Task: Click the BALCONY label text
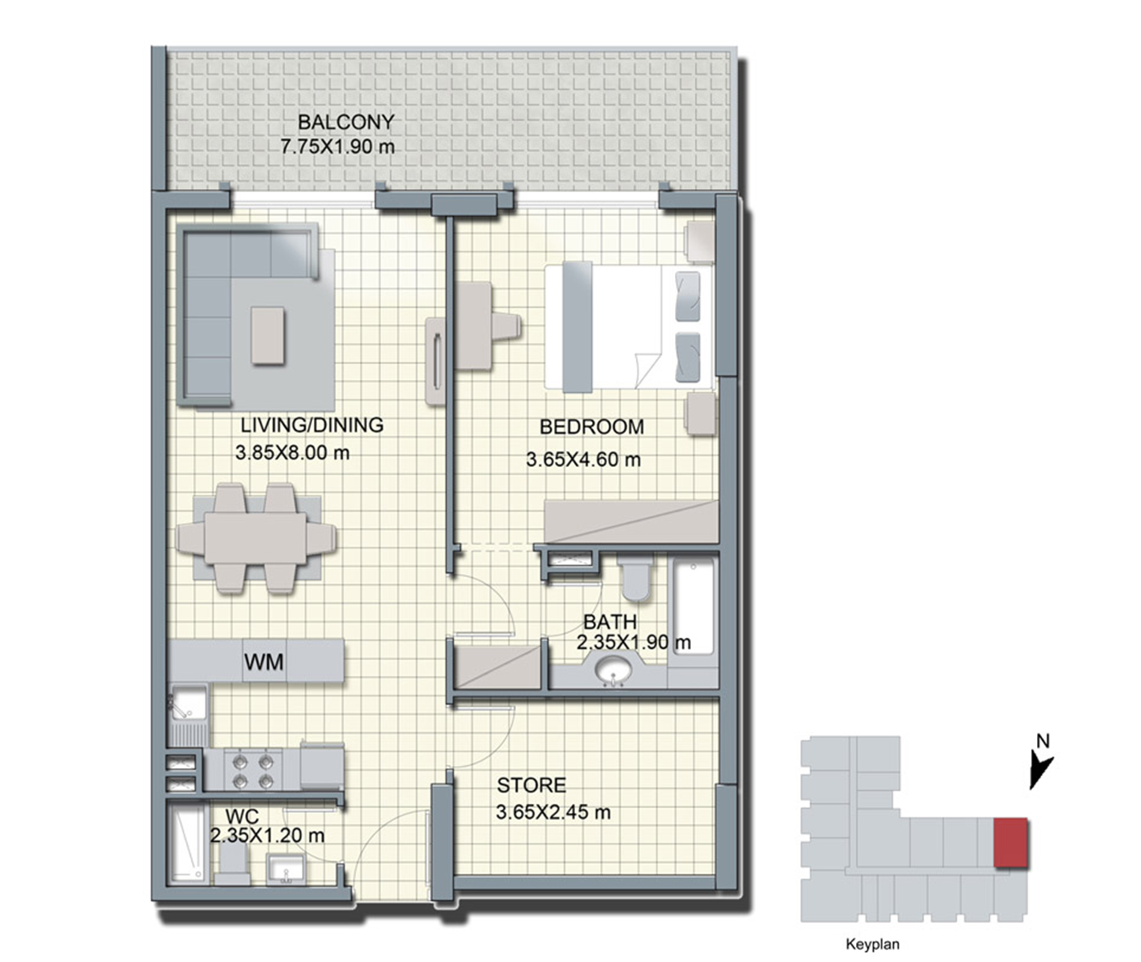(x=345, y=122)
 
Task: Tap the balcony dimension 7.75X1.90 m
(x=337, y=146)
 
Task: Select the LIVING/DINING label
(x=312, y=425)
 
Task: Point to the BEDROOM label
(x=592, y=427)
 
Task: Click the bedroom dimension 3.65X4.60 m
(x=583, y=459)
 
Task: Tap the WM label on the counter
(x=264, y=662)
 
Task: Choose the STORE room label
(x=531, y=785)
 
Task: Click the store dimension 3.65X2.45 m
(x=553, y=812)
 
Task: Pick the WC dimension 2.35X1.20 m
(x=267, y=835)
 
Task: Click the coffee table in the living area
(x=268, y=335)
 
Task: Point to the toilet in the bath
(x=635, y=578)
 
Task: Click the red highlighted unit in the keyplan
(x=1011, y=843)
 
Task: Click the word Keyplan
(x=873, y=944)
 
